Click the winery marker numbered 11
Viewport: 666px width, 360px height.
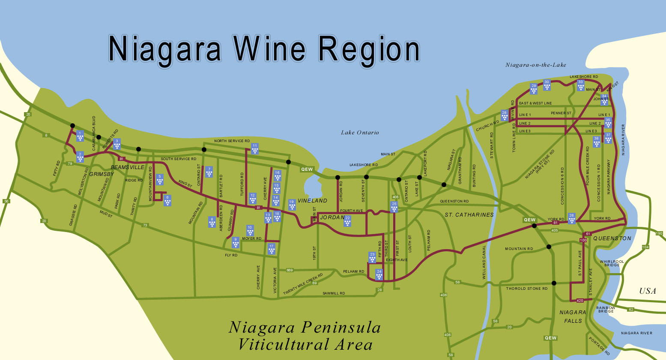pos(255,149)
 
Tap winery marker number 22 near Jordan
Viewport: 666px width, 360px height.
pos(347,221)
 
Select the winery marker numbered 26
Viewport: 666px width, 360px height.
pos(571,218)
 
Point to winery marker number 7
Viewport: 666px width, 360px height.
pos(209,172)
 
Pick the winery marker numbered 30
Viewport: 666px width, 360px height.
pos(547,85)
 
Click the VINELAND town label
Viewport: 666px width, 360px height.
pos(312,200)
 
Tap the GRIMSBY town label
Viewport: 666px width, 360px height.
pos(102,174)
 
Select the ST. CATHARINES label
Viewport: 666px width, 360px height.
pos(469,214)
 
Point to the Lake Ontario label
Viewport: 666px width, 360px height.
pos(360,133)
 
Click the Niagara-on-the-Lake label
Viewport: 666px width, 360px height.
pos(536,65)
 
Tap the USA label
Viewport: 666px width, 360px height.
pos(648,291)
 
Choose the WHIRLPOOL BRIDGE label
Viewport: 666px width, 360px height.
pos(612,263)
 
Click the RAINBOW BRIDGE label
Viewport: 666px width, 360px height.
pos(606,309)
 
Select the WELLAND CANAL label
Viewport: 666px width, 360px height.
pos(484,262)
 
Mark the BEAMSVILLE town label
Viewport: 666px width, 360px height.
pos(128,167)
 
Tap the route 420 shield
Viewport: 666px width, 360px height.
pos(580,300)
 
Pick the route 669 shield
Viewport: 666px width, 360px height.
pos(290,270)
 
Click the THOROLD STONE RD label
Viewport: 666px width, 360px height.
pos(527,289)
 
